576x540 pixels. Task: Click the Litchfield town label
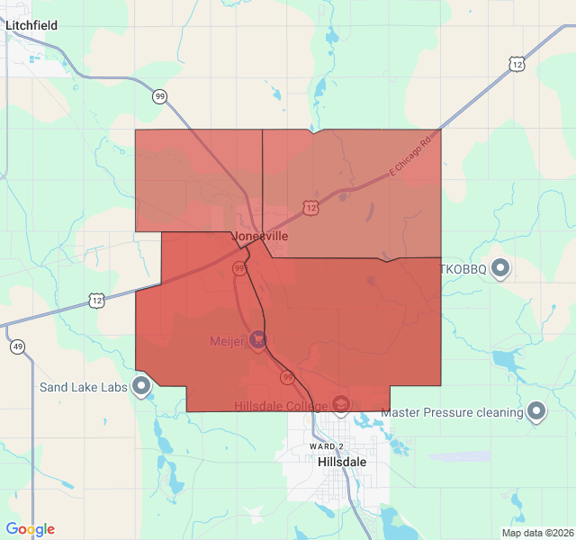pyautogui.click(x=31, y=25)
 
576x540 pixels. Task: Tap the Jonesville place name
pyautogui.click(x=261, y=236)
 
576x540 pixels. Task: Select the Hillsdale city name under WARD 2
pyautogui.click(x=342, y=461)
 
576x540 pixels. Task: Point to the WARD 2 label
pyautogui.click(x=326, y=446)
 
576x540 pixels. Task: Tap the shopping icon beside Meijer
pyautogui.click(x=258, y=339)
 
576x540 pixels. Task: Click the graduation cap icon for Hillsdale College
pyautogui.click(x=341, y=405)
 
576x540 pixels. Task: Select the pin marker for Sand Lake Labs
pyautogui.click(x=141, y=386)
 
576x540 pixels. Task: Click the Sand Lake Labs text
pyautogui.click(x=84, y=388)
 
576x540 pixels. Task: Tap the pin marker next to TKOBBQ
pyautogui.click(x=501, y=267)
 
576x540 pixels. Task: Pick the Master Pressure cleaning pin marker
pyautogui.click(x=536, y=411)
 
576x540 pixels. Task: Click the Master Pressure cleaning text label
pyautogui.click(x=452, y=413)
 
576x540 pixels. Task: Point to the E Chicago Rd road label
pyautogui.click(x=410, y=156)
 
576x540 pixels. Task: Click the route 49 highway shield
pyautogui.click(x=18, y=346)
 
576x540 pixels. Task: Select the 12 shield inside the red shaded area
pyautogui.click(x=310, y=208)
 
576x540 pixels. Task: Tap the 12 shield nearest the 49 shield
pyautogui.click(x=96, y=300)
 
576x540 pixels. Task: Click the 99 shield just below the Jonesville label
pyautogui.click(x=239, y=268)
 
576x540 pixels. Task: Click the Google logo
pyautogui.click(x=30, y=529)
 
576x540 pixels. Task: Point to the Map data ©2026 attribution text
pyautogui.click(x=537, y=533)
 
